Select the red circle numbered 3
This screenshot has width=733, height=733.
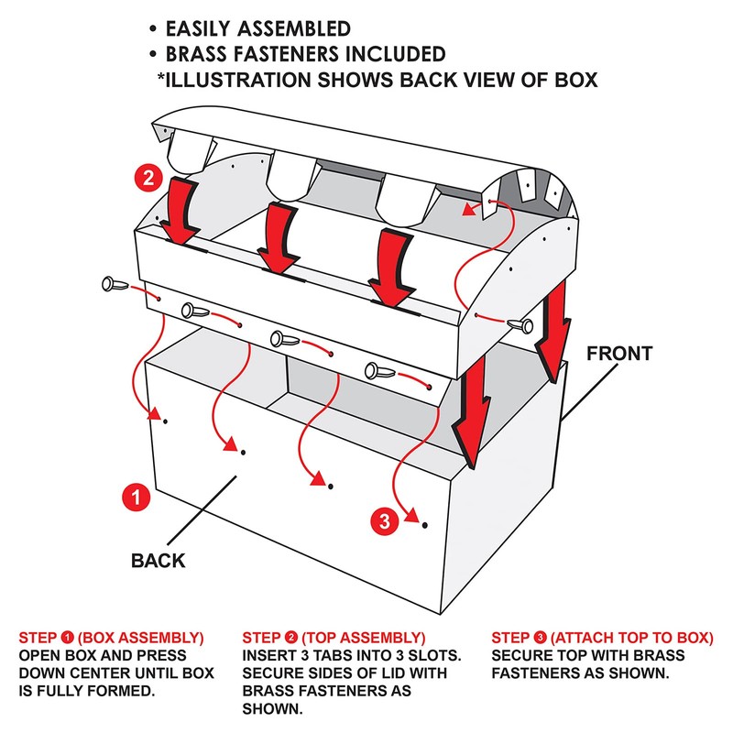click(385, 522)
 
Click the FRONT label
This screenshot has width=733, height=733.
click(620, 353)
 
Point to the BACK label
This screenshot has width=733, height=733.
click(158, 560)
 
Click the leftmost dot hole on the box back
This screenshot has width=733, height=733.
click(165, 421)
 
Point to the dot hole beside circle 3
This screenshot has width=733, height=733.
click(424, 525)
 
